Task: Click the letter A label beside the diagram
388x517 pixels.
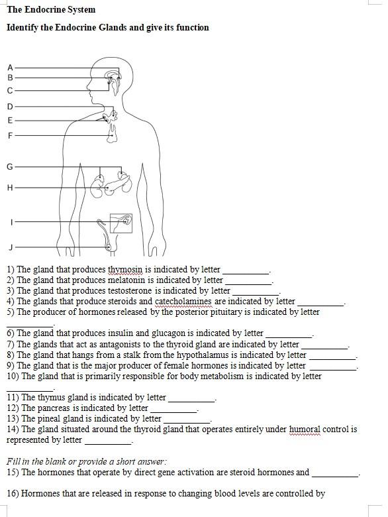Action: click(10, 68)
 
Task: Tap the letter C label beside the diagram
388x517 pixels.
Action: click(10, 90)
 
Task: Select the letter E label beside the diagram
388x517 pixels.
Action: click(10, 121)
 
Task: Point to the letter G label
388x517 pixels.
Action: click(10, 166)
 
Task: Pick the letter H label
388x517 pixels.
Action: click(10, 188)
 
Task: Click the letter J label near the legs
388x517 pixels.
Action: click(11, 247)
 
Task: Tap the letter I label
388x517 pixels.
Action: click(11, 221)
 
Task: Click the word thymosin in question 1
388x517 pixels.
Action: click(125, 270)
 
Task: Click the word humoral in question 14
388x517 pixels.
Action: click(304, 430)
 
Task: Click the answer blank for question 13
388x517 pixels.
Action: click(187, 420)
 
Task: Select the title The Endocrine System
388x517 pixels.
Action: click(51, 10)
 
